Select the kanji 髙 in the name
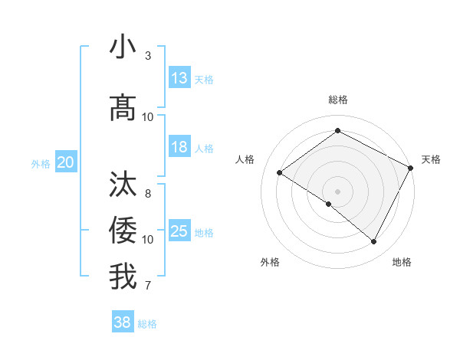click(x=123, y=107)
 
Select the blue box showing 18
click(x=179, y=148)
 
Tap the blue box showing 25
click(x=179, y=231)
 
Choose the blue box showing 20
click(x=66, y=162)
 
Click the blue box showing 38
click(x=123, y=322)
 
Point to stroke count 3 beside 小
click(x=148, y=56)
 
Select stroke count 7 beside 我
click(x=148, y=286)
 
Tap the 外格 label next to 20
click(x=41, y=163)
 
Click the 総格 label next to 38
click(x=147, y=324)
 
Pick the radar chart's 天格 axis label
click(x=431, y=159)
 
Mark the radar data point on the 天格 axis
click(x=410, y=168)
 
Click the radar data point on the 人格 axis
click(x=280, y=172)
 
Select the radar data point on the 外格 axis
click(x=329, y=204)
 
